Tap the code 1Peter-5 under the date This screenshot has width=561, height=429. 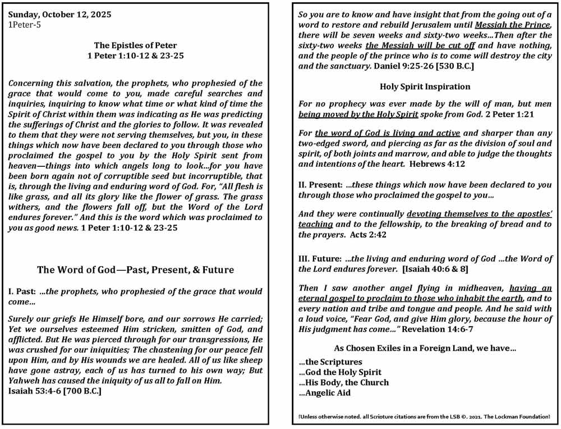click(x=25, y=24)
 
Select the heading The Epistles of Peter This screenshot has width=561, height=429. click(x=135, y=45)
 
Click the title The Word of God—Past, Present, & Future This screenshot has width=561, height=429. click(x=135, y=270)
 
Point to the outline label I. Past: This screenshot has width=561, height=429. click(x=23, y=291)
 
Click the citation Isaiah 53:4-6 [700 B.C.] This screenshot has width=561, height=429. click(x=55, y=391)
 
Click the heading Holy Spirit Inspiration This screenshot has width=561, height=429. click(x=425, y=86)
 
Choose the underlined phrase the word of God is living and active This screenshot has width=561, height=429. click(x=387, y=134)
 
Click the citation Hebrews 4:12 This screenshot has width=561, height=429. click(x=437, y=164)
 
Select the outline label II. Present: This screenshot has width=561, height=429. click(x=320, y=184)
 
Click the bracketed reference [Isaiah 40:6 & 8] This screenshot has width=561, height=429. click(x=434, y=269)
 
